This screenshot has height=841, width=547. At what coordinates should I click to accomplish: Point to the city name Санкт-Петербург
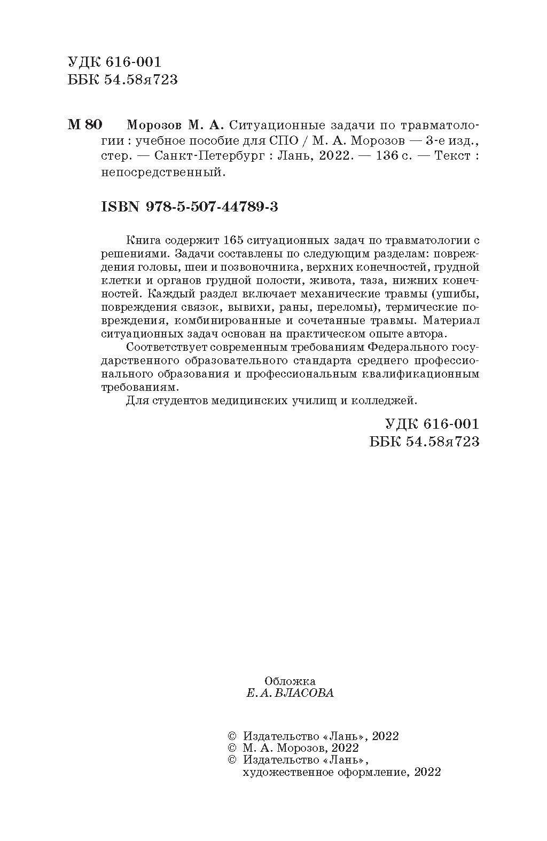coord(208,156)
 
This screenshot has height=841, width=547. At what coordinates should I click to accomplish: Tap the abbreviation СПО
coord(282,141)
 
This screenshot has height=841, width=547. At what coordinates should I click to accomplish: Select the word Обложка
coord(290,681)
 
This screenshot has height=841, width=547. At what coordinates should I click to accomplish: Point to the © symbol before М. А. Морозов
coord(232,748)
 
